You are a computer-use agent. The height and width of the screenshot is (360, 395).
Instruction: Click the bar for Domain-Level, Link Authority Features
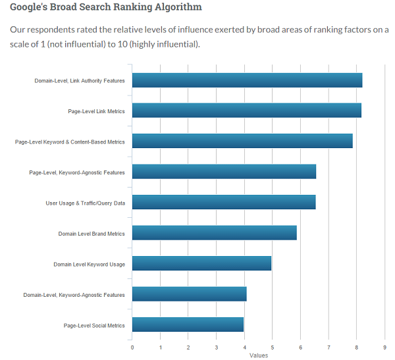pyautogui.click(x=247, y=80)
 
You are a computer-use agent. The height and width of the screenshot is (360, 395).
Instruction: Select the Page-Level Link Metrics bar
pyautogui.click(x=246, y=111)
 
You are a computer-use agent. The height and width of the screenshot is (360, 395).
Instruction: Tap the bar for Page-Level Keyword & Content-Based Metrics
pyautogui.click(x=242, y=141)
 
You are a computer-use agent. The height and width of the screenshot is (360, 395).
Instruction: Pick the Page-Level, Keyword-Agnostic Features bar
pyautogui.click(x=224, y=172)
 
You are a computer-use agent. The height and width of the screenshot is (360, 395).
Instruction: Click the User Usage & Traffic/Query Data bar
pyautogui.click(x=223, y=202)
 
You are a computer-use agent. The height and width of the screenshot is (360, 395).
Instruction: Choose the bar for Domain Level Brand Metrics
pyautogui.click(x=214, y=233)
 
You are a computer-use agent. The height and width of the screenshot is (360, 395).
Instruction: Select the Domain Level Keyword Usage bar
pyautogui.click(x=201, y=263)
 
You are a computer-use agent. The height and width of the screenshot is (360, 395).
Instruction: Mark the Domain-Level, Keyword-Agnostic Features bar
pyautogui.click(x=189, y=294)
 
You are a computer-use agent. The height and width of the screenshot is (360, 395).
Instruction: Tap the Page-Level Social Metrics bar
pyautogui.click(x=188, y=324)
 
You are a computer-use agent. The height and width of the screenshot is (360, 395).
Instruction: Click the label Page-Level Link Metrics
pyautogui.click(x=96, y=111)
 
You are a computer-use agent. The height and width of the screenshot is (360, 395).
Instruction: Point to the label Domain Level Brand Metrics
pyautogui.click(x=92, y=234)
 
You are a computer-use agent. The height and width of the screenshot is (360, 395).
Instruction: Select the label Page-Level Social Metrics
pyautogui.click(x=94, y=325)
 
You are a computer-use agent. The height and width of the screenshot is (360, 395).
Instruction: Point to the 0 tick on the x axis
pyautogui.click(x=132, y=347)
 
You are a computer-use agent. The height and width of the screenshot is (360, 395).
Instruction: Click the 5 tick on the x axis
pyautogui.click(x=272, y=347)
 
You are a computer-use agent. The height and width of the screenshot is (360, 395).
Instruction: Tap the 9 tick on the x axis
pyautogui.click(x=384, y=347)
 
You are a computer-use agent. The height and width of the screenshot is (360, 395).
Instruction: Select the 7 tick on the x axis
pyautogui.click(x=329, y=347)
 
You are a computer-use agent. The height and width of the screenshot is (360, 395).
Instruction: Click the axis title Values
pyautogui.click(x=258, y=355)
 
